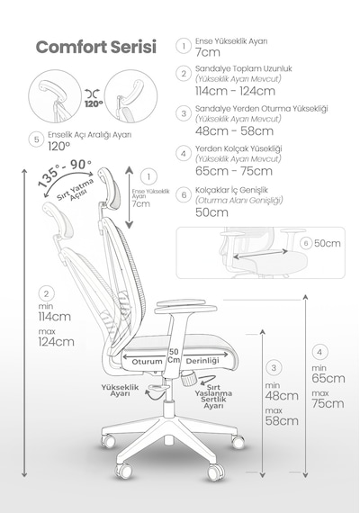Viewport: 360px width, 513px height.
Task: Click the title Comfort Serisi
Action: point(96,47)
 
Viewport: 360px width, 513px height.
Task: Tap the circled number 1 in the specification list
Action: point(184,46)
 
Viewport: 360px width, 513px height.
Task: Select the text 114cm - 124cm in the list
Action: point(235,91)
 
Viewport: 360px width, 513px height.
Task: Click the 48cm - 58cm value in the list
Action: point(234,130)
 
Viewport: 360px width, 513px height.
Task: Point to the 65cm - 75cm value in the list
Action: point(234,171)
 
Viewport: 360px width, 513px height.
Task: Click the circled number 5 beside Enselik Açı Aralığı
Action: point(36,139)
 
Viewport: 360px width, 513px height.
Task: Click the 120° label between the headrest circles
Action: point(94,104)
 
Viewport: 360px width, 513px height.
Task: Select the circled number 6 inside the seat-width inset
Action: point(306,243)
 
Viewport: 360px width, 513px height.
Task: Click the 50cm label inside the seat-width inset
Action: point(328,243)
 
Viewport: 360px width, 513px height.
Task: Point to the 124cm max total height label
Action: point(57,342)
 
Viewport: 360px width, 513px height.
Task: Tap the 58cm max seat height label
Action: point(282,420)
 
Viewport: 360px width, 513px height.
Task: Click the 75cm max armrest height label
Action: point(328,403)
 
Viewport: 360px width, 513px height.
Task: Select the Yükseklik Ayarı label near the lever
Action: point(120,391)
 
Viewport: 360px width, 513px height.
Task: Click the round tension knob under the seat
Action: point(189,380)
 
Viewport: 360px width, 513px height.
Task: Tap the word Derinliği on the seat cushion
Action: point(202,361)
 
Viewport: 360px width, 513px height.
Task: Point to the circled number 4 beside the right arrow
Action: point(319,352)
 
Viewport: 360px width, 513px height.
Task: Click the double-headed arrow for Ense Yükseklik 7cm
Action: point(130,197)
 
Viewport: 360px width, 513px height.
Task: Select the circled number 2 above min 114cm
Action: point(46,293)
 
